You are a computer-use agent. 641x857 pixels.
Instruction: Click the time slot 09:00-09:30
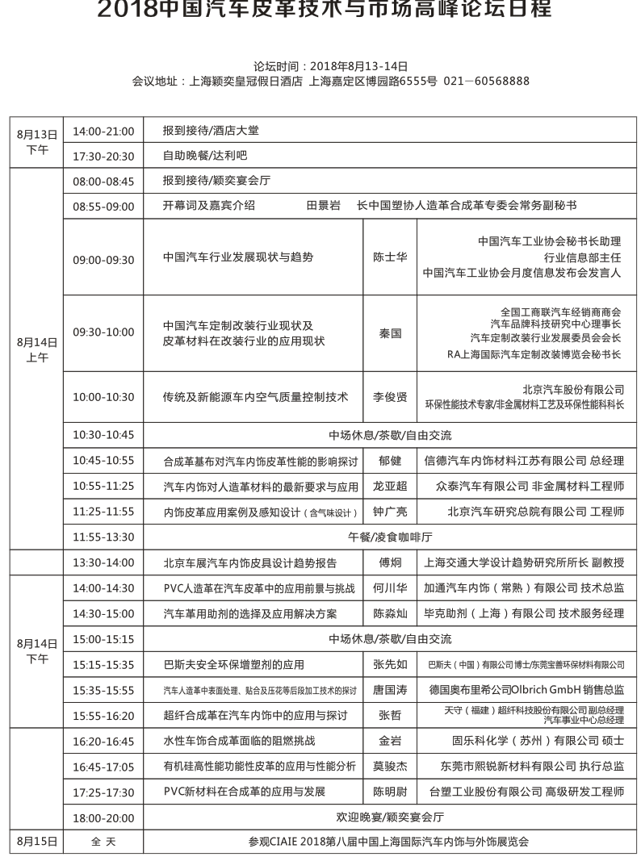pyautogui.click(x=103, y=260)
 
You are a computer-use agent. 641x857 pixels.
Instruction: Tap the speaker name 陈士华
pyautogui.click(x=390, y=257)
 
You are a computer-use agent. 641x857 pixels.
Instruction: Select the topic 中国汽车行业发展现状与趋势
pyautogui.click(x=237, y=257)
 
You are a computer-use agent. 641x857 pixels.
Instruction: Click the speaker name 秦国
pyautogui.click(x=390, y=332)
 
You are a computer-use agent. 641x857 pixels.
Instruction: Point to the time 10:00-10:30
pyautogui.click(x=103, y=398)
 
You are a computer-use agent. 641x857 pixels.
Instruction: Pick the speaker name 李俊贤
pyautogui.click(x=390, y=398)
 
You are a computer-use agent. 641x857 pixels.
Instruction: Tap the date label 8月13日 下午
pyautogui.click(x=37, y=141)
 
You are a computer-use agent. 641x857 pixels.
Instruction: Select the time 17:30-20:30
pyautogui.click(x=103, y=157)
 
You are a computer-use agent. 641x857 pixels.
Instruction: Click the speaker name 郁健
pyautogui.click(x=390, y=462)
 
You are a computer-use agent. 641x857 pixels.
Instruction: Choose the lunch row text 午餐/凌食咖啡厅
pyautogui.click(x=390, y=536)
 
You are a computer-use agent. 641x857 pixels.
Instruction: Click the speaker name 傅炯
pyautogui.click(x=390, y=563)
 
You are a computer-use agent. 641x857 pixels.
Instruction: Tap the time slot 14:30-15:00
pyautogui.click(x=103, y=613)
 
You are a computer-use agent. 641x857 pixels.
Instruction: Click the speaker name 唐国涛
pyautogui.click(x=390, y=691)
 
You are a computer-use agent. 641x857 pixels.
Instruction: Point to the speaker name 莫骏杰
pyautogui.click(x=390, y=767)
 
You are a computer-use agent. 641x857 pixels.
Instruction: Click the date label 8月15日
pyautogui.click(x=37, y=841)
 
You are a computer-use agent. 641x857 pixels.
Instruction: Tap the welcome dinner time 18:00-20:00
pyautogui.click(x=103, y=817)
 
